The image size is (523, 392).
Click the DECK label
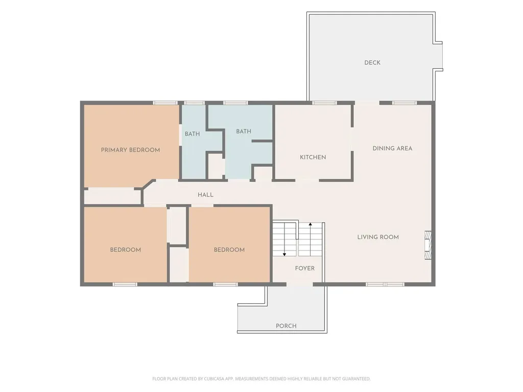[x=372, y=63]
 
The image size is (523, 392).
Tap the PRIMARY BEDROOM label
[x=130, y=150]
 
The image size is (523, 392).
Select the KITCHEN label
[x=313, y=157]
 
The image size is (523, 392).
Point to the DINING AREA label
[x=392, y=149]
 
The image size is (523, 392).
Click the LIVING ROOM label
[x=378, y=237]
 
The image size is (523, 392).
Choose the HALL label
[x=205, y=195]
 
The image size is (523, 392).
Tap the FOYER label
[x=305, y=268]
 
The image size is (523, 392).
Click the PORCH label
[x=286, y=326]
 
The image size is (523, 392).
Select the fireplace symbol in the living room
[x=428, y=246]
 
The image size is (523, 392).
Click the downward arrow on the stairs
[x=284, y=240]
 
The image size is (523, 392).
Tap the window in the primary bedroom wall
[x=165, y=103]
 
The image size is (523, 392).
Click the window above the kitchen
[x=324, y=103]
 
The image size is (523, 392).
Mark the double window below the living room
[x=385, y=284]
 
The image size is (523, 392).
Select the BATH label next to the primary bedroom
[x=193, y=134]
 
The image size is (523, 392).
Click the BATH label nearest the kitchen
[x=244, y=131]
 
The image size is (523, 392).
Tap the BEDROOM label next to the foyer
[x=229, y=250]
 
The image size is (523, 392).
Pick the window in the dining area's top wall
[x=405, y=103]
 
